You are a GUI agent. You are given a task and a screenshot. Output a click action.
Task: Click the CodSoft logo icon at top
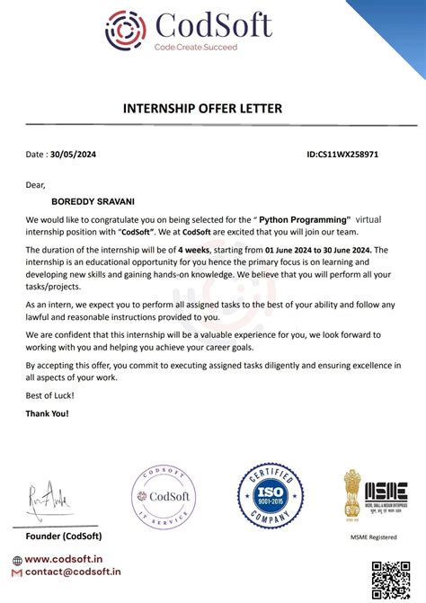click(125, 30)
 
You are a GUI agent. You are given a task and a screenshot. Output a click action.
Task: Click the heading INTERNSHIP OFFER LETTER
click(202, 109)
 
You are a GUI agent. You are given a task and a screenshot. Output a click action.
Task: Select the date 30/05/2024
click(73, 155)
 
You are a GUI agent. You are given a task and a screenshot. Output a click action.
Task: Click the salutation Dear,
click(35, 185)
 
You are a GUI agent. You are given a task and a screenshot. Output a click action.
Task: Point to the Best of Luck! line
click(49, 395)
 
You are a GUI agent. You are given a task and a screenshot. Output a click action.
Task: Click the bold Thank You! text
click(47, 413)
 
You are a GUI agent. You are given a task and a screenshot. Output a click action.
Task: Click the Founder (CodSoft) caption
click(64, 536)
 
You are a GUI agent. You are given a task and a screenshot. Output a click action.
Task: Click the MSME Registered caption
click(373, 536)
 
